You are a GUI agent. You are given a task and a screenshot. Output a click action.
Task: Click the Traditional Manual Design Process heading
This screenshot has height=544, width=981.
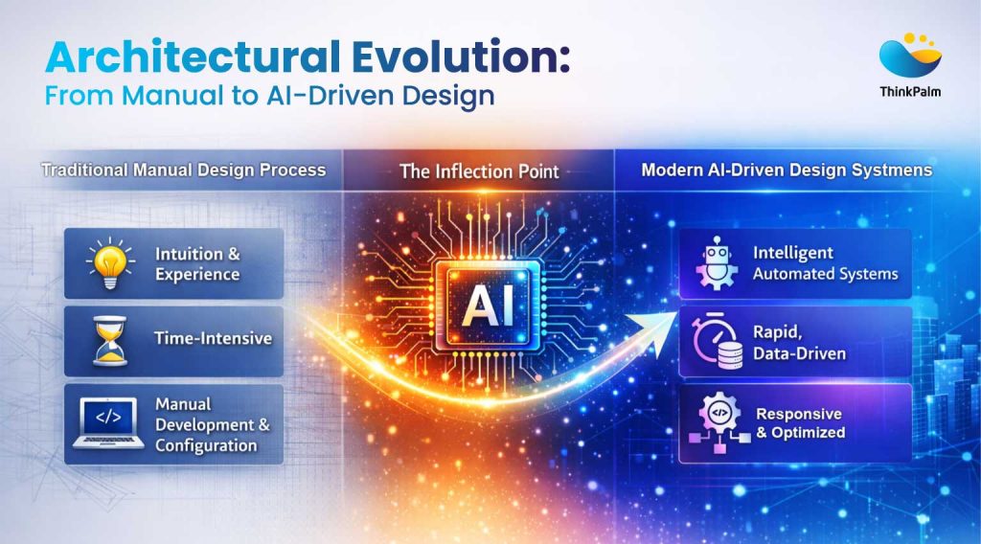coord(183,170)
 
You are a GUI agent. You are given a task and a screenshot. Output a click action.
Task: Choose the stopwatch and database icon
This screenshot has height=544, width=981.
coord(717,341)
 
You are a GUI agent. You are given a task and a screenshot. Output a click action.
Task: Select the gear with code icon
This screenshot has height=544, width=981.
coord(716,421)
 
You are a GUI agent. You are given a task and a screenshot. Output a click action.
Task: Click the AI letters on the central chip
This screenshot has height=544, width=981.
coord(489,306)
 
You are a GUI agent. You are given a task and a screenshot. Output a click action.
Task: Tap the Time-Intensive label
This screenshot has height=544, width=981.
coord(213,338)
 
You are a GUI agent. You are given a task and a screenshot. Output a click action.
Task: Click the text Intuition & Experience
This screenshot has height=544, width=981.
coord(196,263)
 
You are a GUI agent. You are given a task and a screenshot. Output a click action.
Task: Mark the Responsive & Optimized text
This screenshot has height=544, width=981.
coord(800,422)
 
